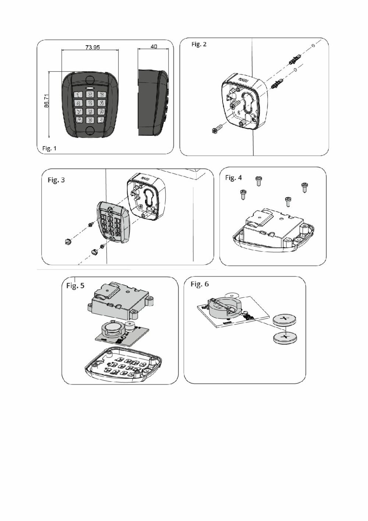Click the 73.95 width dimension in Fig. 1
click(x=92, y=47)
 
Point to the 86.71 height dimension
click(x=47, y=101)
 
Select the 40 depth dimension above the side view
click(x=154, y=46)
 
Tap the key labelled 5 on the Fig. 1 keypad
click(x=90, y=103)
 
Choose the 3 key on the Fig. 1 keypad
click(x=101, y=95)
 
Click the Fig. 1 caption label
click(x=50, y=148)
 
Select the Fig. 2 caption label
click(x=199, y=44)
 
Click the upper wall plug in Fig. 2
click(x=295, y=59)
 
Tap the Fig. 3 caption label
click(x=56, y=180)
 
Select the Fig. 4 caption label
click(x=233, y=178)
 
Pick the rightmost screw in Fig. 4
click(x=304, y=187)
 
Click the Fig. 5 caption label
click(x=75, y=285)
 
